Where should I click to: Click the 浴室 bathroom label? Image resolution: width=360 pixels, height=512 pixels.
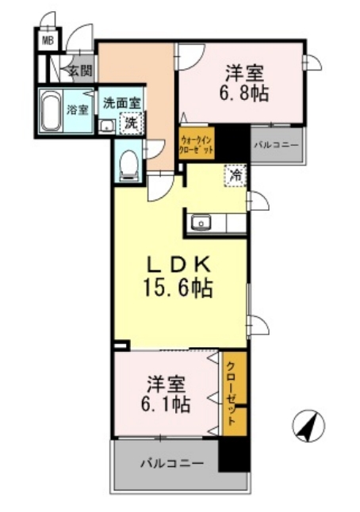click(x=78, y=109)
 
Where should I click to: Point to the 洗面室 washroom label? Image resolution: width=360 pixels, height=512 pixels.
click(x=121, y=102)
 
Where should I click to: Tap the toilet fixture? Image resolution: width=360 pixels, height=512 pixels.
click(x=127, y=165)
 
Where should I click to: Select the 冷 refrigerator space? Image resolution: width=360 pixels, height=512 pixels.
click(x=236, y=175)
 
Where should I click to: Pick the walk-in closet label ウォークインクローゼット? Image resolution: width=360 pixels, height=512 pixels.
click(x=196, y=143)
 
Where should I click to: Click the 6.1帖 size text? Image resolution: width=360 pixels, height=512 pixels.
click(x=167, y=404)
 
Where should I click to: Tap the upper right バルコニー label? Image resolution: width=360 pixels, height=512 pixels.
click(x=276, y=145)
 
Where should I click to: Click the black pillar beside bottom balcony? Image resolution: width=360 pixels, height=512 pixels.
click(x=234, y=455)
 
